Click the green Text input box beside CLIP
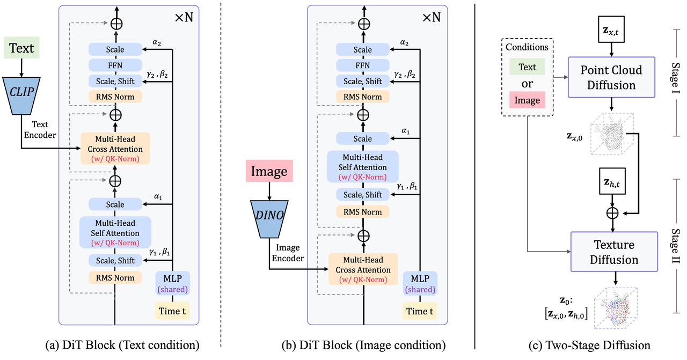tap(21, 48)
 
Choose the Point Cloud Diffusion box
tap(611, 78)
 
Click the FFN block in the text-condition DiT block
tap(115, 65)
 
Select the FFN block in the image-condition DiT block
tap(363, 65)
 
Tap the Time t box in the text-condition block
tap(172, 311)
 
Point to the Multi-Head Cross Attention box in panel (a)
tap(115, 148)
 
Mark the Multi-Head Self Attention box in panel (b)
tap(363, 166)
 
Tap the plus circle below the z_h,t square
tap(611, 212)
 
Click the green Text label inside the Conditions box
tap(527, 67)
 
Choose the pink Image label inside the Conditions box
tap(527, 100)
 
